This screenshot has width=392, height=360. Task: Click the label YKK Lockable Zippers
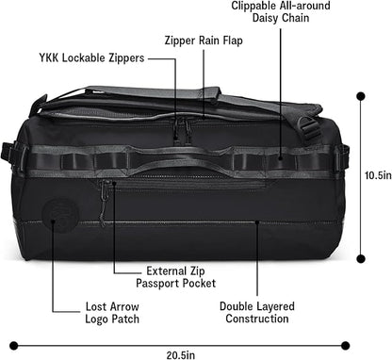[x=90, y=57]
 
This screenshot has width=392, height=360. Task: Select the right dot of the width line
[x=346, y=343]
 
